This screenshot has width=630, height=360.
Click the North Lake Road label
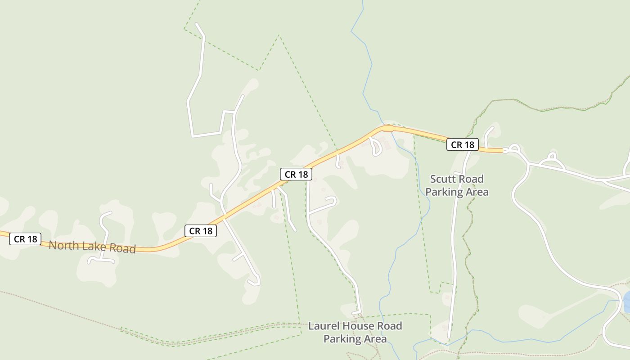pos(92,247)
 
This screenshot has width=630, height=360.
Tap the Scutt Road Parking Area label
pos(457,185)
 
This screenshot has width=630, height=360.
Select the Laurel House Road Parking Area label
pos(355,332)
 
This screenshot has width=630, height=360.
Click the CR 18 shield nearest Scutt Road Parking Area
pos(462,144)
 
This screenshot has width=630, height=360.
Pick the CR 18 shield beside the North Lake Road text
pos(25,239)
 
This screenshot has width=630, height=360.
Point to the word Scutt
pos(442,179)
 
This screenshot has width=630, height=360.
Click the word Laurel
pos(323,326)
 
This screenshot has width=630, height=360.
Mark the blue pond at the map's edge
pos(627,302)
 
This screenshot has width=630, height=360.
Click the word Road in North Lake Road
pos(121,248)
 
